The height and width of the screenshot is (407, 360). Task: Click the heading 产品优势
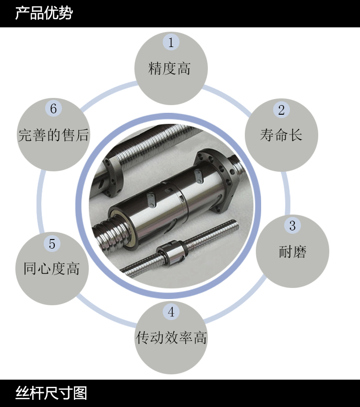pyautogui.click(x=44, y=13)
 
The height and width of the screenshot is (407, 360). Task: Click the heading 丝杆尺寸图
pyautogui.click(x=51, y=393)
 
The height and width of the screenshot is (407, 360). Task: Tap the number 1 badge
pyautogui.click(x=171, y=42)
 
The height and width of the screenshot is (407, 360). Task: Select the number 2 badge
pyautogui.click(x=281, y=109)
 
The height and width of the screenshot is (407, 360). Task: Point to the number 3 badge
pyautogui.click(x=292, y=225)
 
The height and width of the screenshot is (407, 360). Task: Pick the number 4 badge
pyautogui.click(x=171, y=312)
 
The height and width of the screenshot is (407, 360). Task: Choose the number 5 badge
pyautogui.click(x=52, y=243)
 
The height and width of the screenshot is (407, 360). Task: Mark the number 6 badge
pyautogui.click(x=53, y=108)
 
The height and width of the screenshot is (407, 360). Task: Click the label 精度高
pyautogui.click(x=169, y=69)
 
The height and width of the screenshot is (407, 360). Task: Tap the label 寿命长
pyautogui.click(x=281, y=135)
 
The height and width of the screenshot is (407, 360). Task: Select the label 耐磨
pyautogui.click(x=292, y=251)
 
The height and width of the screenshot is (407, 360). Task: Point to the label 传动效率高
pyautogui.click(x=171, y=337)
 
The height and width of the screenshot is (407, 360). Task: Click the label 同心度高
pyautogui.click(x=52, y=268)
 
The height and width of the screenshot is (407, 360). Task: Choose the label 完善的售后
pyautogui.click(x=53, y=135)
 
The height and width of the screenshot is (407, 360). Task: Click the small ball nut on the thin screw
pyautogui.click(x=172, y=252)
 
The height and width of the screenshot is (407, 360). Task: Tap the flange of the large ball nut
pyautogui.click(x=218, y=179)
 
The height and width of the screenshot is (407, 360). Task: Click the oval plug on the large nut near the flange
pyautogui.click(x=199, y=176)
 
